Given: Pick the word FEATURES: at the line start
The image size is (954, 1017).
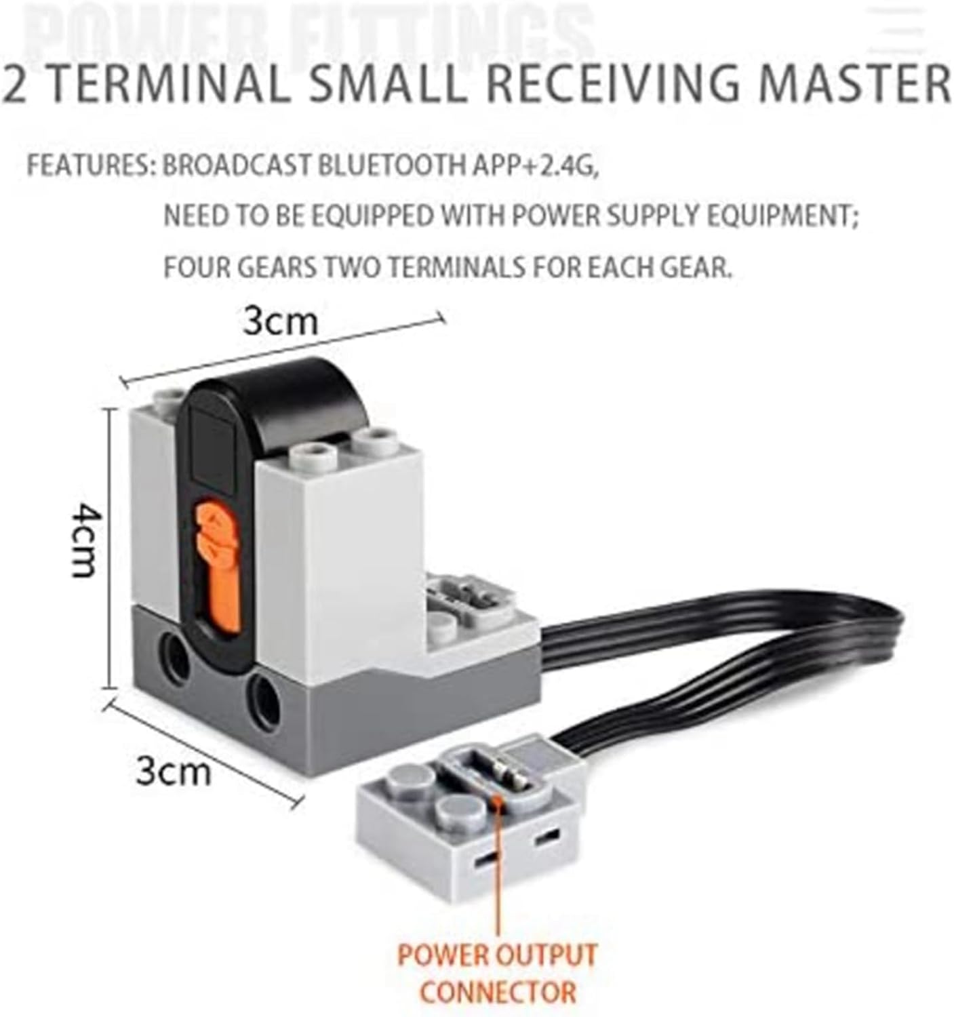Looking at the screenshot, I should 92,165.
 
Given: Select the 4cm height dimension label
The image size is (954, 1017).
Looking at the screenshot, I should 87,540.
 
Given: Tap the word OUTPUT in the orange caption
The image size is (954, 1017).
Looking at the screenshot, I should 545,955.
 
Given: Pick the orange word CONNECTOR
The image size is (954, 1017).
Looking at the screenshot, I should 498,992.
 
